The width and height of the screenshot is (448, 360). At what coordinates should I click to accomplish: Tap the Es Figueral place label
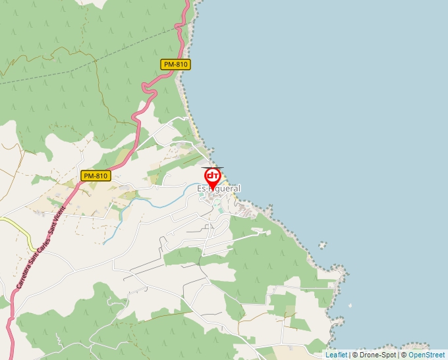pos(219,189)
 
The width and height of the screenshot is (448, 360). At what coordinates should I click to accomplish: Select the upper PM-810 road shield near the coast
pos(175,64)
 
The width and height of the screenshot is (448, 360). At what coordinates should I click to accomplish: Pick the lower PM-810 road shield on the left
pos(95,176)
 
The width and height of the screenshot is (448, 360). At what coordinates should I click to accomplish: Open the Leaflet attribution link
pos(336,355)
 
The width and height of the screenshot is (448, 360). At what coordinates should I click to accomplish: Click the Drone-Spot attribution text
pos(378,355)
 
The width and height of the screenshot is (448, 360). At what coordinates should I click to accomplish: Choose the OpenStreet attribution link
pos(426,355)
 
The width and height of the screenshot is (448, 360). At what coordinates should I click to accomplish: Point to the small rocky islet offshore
pos(322,245)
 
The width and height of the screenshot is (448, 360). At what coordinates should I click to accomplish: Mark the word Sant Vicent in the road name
pos(57,220)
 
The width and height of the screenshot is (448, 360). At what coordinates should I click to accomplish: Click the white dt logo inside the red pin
pos(213,176)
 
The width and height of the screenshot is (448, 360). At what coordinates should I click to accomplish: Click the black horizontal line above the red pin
pos(213,167)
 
